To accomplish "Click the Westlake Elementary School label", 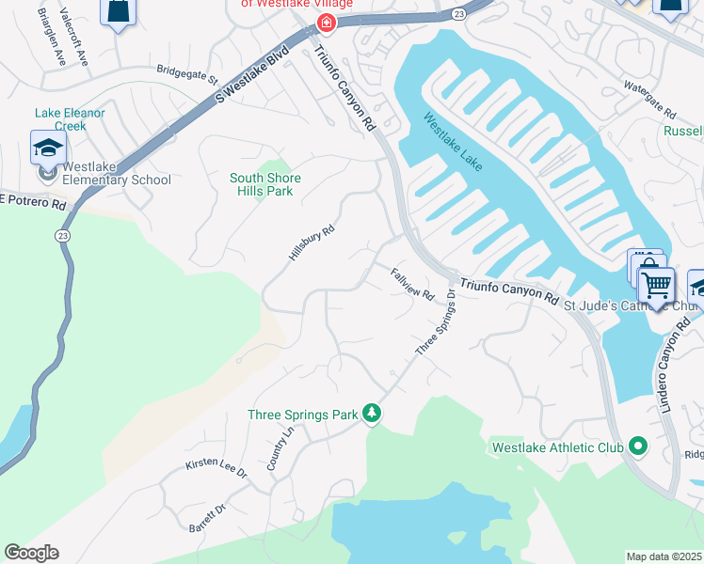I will [x=117, y=180].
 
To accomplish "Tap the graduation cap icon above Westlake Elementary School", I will [x=48, y=149].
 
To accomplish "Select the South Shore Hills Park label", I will [x=265, y=184].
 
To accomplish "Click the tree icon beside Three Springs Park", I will [x=373, y=414].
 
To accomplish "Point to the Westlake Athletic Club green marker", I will [x=639, y=447].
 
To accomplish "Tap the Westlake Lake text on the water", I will [x=452, y=142].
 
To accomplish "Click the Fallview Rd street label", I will [x=413, y=283].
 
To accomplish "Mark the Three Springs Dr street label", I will [x=436, y=323].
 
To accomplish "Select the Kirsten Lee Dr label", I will [x=216, y=465].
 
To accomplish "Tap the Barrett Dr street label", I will [x=208, y=516].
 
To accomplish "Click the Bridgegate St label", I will [x=186, y=70].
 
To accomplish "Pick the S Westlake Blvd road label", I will [x=251, y=71].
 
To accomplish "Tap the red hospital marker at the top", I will [x=326, y=23].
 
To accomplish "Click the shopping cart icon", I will [x=657, y=282].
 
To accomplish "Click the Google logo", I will [x=31, y=553].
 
